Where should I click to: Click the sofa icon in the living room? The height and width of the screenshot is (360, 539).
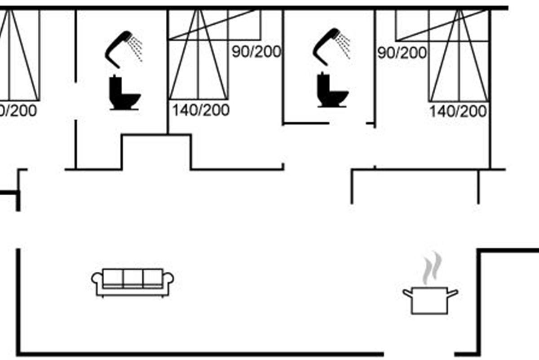133,283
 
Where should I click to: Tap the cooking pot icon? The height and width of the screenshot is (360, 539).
430,300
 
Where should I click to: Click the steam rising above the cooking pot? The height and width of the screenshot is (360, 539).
430,267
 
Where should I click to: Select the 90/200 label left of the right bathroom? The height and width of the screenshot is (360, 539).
256,51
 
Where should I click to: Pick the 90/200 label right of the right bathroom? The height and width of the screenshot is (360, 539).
402,53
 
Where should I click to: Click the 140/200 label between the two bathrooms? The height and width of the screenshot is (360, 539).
201,110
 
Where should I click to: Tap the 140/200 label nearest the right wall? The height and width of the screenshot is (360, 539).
458,111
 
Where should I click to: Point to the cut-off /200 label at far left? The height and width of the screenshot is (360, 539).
18,110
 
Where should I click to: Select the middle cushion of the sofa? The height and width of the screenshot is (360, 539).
133,278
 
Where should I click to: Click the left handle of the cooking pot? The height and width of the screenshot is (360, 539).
408,293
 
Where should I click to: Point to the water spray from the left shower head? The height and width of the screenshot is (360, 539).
136,48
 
